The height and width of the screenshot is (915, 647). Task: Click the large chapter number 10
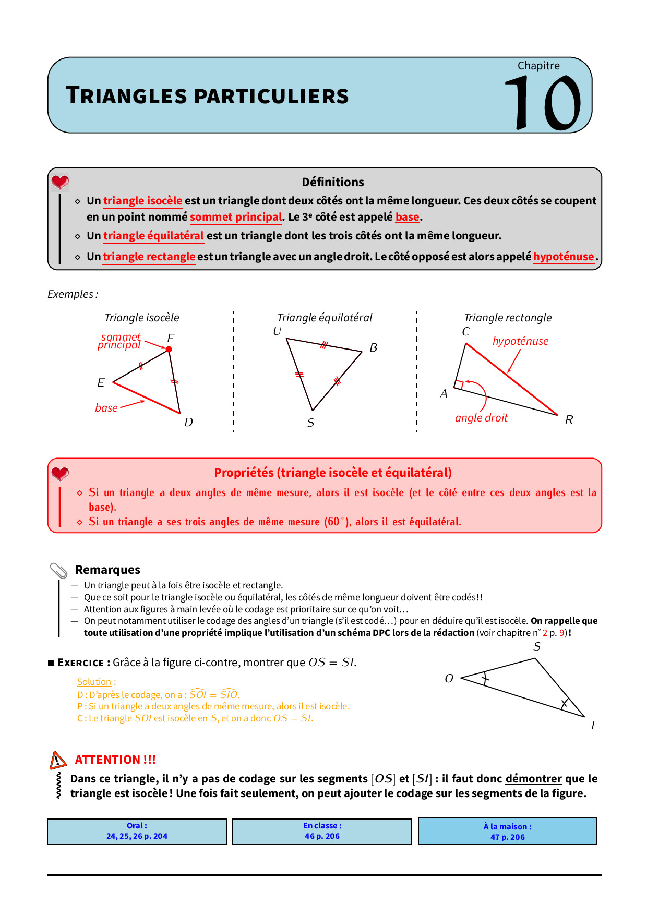coord(543,102)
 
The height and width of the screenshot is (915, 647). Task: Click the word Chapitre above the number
coord(538,66)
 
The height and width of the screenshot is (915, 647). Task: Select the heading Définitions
coord(333,182)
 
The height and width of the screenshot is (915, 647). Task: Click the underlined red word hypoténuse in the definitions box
coord(564,257)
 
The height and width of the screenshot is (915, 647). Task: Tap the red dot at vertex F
coord(169,350)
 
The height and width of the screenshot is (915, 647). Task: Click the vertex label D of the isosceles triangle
coord(188,422)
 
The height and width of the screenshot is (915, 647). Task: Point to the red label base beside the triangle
coord(106,408)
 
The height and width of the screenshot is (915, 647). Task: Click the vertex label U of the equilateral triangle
coord(277,331)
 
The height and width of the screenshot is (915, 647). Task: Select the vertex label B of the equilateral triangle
coord(373,347)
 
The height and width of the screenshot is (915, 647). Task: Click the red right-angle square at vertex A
coord(459,385)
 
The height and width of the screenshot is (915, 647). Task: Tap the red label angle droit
coord(481,418)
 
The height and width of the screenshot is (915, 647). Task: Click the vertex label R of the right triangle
coord(569,419)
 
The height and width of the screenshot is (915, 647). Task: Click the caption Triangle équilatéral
coord(325,318)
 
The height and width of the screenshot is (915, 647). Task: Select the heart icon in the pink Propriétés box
coord(60,474)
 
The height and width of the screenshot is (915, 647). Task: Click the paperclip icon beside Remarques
coord(59,571)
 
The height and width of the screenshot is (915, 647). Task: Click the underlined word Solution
coord(94,682)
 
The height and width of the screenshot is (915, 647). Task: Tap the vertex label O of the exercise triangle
coord(449,678)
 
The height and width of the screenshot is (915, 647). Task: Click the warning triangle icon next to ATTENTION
coord(58,760)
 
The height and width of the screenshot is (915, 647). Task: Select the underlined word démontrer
coord(533,779)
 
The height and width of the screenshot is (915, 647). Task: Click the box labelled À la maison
coord(507,832)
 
